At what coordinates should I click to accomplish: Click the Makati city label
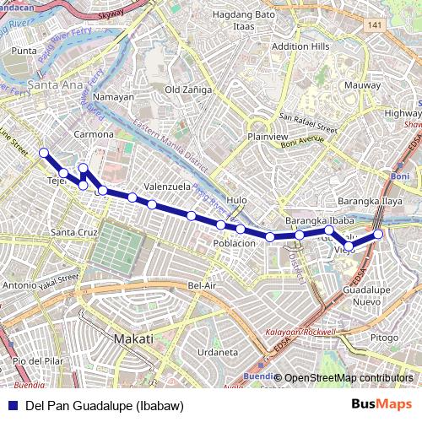pyautogui.click(x=133, y=338)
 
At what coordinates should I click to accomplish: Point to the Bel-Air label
pyautogui.click(x=203, y=286)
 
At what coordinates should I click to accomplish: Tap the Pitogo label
pyautogui.click(x=384, y=338)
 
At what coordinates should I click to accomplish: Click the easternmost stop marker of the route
pyautogui.click(x=379, y=234)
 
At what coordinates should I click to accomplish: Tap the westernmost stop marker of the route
pyautogui.click(x=44, y=153)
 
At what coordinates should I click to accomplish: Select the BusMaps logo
pyautogui.click(x=381, y=405)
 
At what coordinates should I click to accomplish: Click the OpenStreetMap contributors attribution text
pyautogui.click(x=349, y=378)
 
